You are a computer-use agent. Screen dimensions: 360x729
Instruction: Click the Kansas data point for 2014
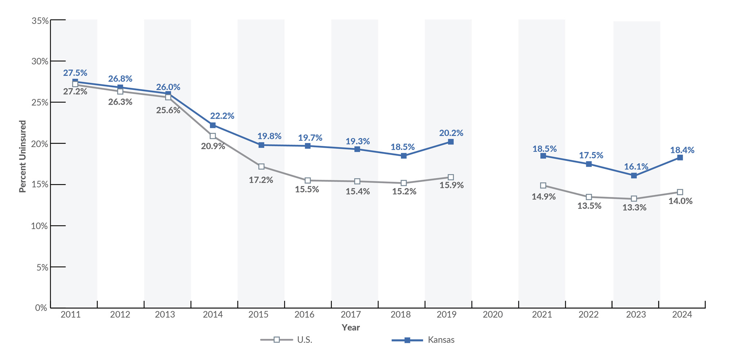[213, 125]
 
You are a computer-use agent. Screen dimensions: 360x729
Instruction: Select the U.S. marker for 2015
[261, 167]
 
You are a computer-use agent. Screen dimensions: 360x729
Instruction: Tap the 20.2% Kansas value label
[451, 133]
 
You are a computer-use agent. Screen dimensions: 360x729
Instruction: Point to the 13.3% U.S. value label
[634, 208]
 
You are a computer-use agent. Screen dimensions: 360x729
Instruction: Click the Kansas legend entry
[424, 340]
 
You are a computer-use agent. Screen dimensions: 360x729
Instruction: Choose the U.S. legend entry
[286, 340]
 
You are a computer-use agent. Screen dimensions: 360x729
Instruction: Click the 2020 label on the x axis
[493, 314]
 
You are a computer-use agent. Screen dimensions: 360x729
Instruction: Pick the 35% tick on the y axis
[40, 21]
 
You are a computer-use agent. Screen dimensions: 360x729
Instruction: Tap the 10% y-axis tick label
[39, 226]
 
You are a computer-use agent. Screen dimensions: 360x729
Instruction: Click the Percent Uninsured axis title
[23, 156]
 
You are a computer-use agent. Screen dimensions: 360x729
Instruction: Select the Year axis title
[351, 328]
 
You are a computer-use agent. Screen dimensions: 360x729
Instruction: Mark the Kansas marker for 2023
[634, 176]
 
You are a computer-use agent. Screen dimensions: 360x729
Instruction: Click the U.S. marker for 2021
[543, 186]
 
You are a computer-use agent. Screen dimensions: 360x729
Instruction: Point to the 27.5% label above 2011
[75, 73]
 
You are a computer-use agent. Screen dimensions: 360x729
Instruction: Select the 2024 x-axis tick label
[682, 314]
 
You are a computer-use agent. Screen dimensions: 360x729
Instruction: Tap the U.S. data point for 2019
[451, 177]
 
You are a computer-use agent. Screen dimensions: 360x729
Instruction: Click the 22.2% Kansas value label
[222, 116]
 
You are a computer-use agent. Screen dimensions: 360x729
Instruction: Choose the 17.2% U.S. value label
[261, 180]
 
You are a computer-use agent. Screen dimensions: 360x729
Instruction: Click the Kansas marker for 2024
[680, 158]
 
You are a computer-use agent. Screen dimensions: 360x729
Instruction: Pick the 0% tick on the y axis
[41, 308]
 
